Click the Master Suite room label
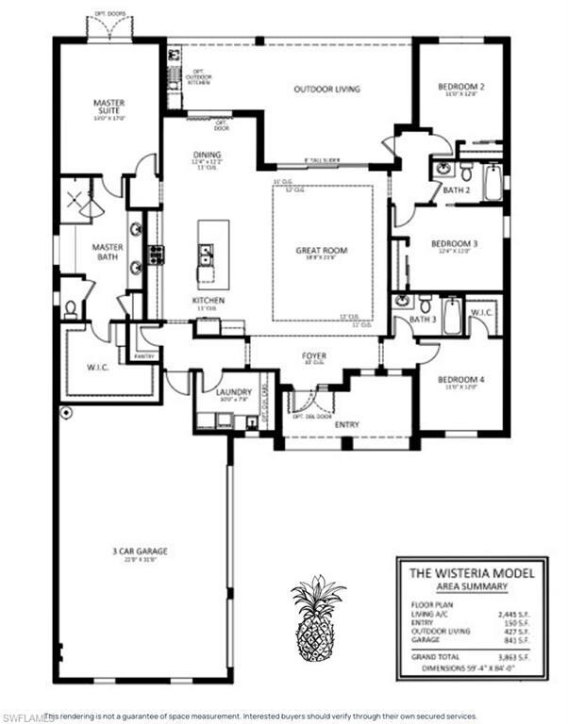click(109, 107)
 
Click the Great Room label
click(322, 251)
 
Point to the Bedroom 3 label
click(459, 244)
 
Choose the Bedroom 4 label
click(460, 380)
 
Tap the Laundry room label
click(231, 392)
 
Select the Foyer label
click(314, 356)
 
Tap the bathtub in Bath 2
click(493, 182)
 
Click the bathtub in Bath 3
click(452, 316)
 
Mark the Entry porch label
click(347, 426)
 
